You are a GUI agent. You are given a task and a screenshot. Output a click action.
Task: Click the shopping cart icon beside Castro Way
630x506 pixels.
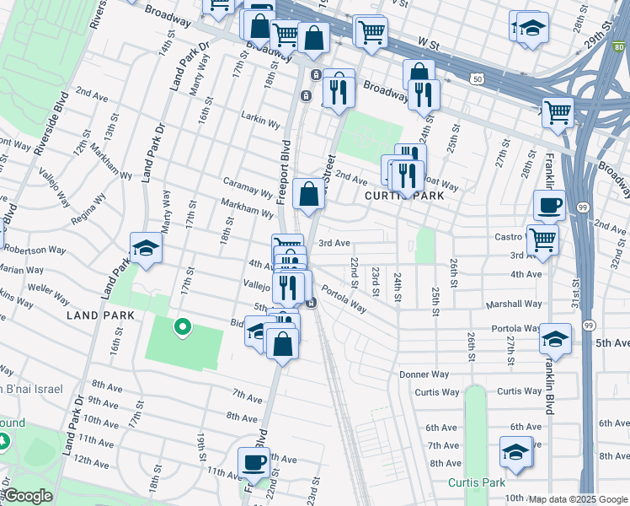coord(542,240)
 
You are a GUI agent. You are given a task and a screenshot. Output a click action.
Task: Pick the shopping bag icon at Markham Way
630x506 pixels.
coord(309,194)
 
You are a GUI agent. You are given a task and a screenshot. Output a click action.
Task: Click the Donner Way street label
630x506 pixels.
coord(424,374)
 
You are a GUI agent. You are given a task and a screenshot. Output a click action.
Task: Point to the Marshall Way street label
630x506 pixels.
coord(519,304)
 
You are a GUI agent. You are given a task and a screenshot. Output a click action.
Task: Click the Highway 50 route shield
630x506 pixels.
coord(478,78)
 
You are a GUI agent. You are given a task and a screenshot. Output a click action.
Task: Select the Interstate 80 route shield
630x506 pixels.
coord(621,47)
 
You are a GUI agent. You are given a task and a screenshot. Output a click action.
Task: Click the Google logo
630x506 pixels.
coord(29,496)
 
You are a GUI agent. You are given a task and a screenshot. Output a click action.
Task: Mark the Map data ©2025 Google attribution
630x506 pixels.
coord(579,499)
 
